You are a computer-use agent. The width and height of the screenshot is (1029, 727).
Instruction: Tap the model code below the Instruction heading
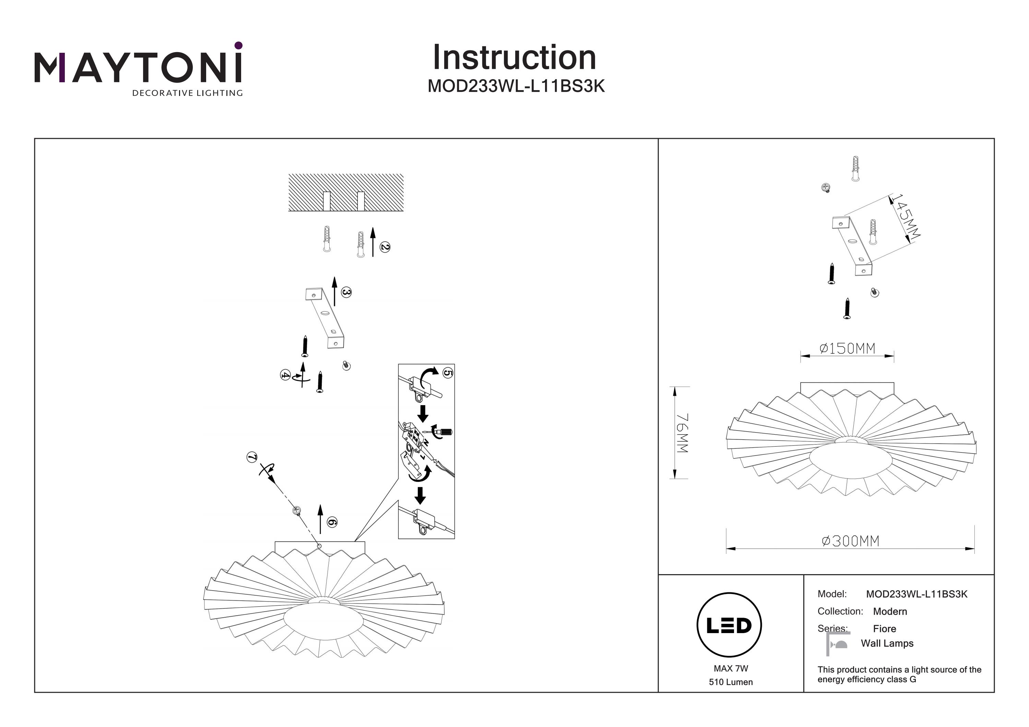coord(516,86)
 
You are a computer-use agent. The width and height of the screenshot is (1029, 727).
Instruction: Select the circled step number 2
coord(385,247)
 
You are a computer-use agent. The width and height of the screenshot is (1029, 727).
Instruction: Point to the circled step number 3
coord(346,292)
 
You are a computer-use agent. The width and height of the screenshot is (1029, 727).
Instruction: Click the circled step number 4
coord(285,375)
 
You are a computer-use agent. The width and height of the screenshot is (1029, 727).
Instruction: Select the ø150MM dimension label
coord(847,348)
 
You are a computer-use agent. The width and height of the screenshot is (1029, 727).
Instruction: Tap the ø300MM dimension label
coord(850,541)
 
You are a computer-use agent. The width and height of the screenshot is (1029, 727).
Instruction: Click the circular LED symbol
coord(729,625)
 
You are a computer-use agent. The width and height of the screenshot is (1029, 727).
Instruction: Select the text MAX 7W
coord(731,668)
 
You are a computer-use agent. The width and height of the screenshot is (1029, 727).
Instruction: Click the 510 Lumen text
coord(731,682)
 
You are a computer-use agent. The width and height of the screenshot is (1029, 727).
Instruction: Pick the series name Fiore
coord(884,628)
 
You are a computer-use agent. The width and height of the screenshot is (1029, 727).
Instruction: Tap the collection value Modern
coord(890,611)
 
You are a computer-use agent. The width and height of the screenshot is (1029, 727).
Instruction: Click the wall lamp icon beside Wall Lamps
coord(838,644)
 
